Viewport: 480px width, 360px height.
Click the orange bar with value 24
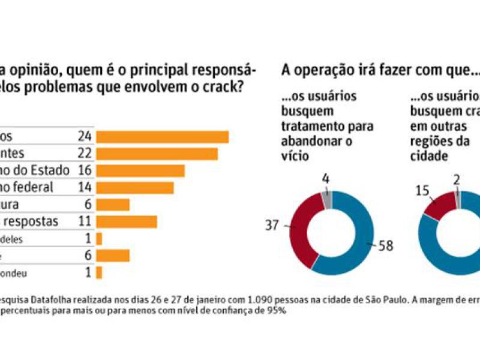coord(162,137)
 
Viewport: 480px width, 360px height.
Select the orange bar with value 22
coord(157,154)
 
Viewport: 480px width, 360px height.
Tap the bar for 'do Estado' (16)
coord(140,170)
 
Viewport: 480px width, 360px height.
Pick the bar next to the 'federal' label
coord(134,188)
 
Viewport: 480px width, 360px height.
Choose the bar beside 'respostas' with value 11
coord(126,221)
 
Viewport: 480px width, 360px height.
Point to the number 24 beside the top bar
coord(83,136)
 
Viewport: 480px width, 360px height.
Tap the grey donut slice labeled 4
coord(326,200)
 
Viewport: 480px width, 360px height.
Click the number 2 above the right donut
coord(457,178)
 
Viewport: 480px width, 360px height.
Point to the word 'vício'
coord(294,157)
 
